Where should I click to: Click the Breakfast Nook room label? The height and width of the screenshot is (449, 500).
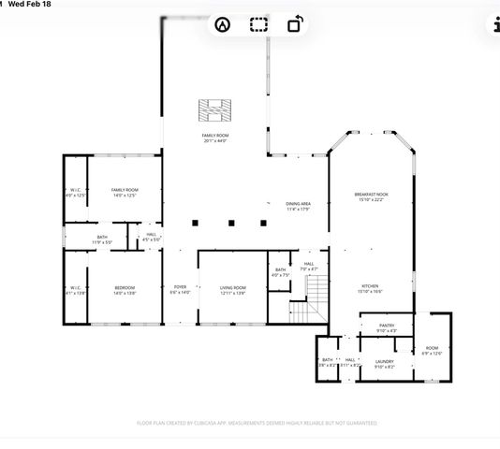tap(370, 196)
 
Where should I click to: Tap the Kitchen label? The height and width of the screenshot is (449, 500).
tap(370, 289)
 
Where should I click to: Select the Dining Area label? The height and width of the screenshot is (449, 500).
tap(298, 206)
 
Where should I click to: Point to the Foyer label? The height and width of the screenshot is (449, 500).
tap(179, 290)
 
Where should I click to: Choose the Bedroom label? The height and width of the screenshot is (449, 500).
tap(125, 290)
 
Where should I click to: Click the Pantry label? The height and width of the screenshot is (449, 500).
tap(387, 327)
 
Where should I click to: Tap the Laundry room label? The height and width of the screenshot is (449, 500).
tap(384, 363)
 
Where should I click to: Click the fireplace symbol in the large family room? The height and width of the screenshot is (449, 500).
tap(214, 109)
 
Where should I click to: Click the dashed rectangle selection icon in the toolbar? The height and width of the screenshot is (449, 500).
tap(258, 25)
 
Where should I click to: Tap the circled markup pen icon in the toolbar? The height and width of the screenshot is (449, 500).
tap(222, 25)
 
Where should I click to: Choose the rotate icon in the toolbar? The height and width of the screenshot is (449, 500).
tap(294, 25)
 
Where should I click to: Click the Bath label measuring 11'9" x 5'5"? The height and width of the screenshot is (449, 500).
tap(102, 239)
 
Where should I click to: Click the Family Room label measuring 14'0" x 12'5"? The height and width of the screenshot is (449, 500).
tap(125, 193)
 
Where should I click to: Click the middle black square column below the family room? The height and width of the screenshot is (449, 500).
tap(230, 223)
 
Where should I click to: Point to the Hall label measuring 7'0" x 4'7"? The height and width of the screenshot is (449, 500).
tap(309, 267)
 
